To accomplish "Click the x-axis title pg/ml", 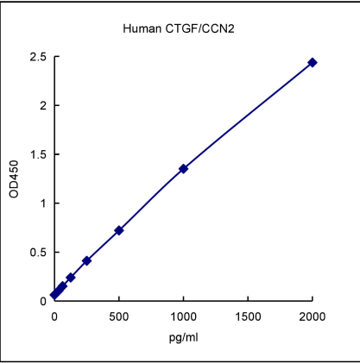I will coord(183,335).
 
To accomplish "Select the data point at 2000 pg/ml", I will coord(313,62).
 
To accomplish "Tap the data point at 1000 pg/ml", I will coord(183,169).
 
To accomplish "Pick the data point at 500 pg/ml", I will coord(119,230).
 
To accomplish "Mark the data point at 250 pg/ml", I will coord(86,260).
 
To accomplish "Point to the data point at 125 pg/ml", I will coord(70,278).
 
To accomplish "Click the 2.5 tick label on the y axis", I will coord(38,57).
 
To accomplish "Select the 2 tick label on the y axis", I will coord(42,106).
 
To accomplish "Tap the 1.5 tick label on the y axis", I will coord(38,154).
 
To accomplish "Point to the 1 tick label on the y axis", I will coord(42,203).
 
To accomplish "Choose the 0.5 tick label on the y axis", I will coord(38,253).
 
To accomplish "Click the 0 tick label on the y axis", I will coord(42,301).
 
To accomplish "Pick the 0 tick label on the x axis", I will coord(54,316).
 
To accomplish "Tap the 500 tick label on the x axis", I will coord(119,316).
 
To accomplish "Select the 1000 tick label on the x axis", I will coord(183,316).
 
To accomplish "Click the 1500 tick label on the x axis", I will coord(248,316).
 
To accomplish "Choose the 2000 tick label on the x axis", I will coord(313,316).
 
